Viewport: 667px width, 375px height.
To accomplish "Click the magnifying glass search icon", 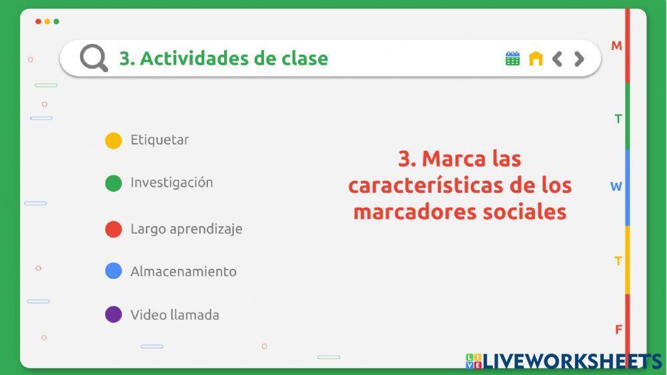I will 94,58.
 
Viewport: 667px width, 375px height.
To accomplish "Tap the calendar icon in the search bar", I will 512,59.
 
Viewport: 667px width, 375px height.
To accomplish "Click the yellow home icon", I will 536,59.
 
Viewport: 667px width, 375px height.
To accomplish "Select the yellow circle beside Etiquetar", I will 113,141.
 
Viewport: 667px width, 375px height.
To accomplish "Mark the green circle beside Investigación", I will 113,183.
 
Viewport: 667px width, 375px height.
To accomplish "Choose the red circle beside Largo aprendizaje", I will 113,230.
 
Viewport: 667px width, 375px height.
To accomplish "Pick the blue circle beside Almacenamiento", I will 113,271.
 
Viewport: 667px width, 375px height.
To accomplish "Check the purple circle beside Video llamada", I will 113,314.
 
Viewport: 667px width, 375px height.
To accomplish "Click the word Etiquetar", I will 159,140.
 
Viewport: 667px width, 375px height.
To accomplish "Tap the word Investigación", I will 171,183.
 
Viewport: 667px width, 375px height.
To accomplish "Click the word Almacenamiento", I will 183,272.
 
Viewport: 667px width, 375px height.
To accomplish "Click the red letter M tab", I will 616,46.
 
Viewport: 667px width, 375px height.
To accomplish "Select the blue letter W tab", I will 616,187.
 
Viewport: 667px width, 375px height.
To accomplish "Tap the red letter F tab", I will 618,330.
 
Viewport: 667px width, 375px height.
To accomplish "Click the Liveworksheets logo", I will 564,361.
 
